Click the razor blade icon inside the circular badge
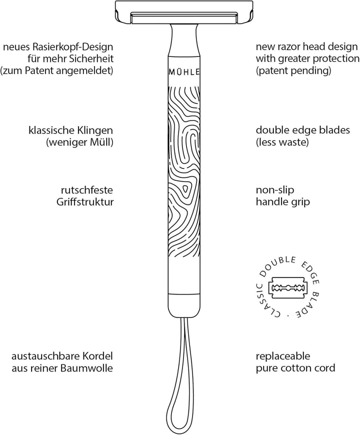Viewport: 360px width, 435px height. tap(287, 288)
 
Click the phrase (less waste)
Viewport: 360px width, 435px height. tap(280, 142)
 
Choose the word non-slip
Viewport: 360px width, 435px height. tap(274, 190)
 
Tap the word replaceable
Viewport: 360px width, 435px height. tap(282, 357)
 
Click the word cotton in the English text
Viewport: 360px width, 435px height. tap(300, 368)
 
